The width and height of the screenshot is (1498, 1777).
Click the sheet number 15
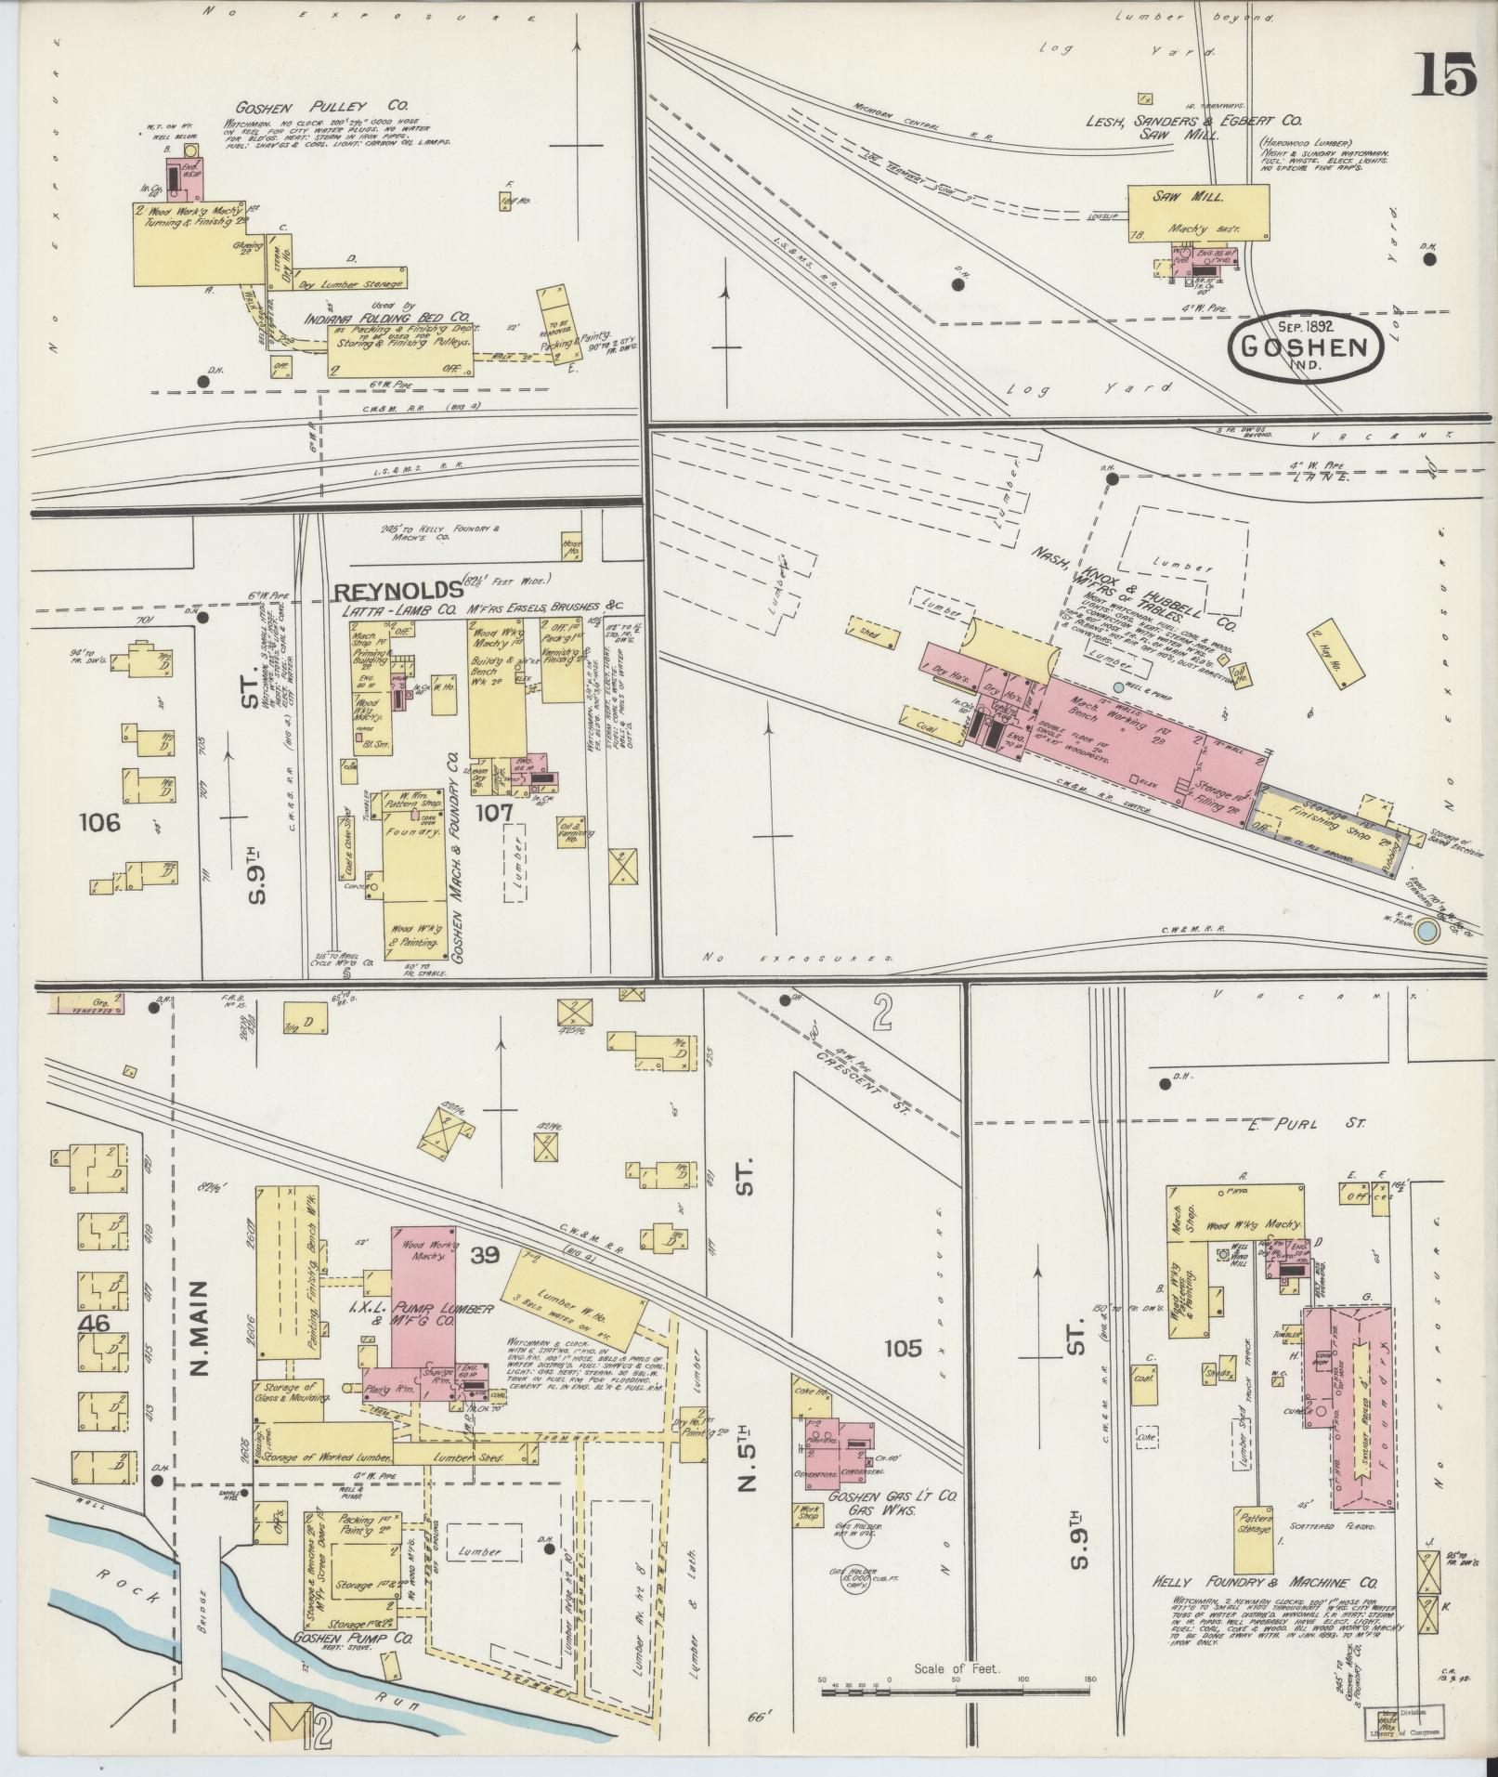(x=1443, y=74)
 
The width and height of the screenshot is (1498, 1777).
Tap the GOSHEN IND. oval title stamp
(x=1305, y=347)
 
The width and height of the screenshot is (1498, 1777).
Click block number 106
(x=100, y=822)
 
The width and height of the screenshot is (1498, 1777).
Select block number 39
(x=485, y=1256)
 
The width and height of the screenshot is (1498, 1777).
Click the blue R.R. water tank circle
(x=1422, y=928)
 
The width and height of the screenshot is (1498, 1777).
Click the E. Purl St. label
(x=1306, y=1123)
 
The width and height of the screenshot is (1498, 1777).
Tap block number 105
(x=903, y=1347)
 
